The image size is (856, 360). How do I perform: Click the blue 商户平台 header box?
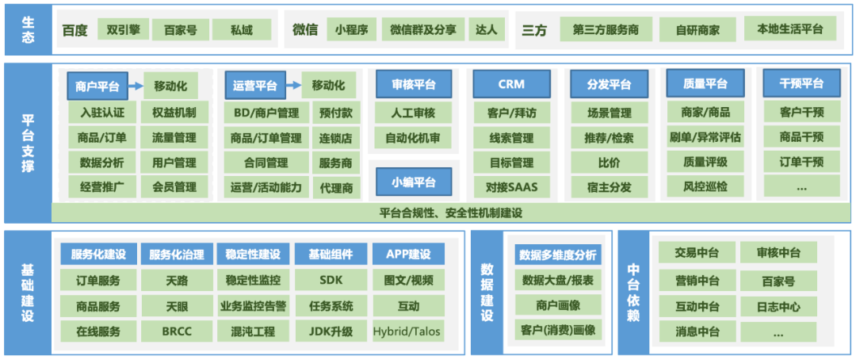tap(97, 86)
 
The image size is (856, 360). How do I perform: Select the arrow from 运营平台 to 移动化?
tap(291, 86)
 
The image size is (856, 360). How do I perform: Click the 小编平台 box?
tap(414, 182)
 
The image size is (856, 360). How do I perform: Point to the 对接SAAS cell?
tap(511, 188)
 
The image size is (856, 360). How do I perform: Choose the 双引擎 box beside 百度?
tap(122, 30)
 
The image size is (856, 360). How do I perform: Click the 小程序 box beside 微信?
tap(350, 30)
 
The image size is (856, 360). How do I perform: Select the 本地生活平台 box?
tap(789, 29)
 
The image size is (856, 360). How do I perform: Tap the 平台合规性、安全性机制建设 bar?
tap(450, 213)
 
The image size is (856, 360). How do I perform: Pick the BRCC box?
tap(177, 331)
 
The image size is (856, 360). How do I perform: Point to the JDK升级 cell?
tap(331, 331)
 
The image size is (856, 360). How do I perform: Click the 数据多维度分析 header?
tap(558, 255)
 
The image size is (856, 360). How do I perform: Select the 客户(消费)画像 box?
tap(558, 329)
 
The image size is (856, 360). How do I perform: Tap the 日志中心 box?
tap(778, 307)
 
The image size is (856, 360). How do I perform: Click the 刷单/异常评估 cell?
tap(705, 137)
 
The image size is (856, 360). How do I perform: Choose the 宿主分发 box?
tap(609, 188)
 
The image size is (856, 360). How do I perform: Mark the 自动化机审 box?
tap(413, 138)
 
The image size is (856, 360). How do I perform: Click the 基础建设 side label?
tap(28, 293)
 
